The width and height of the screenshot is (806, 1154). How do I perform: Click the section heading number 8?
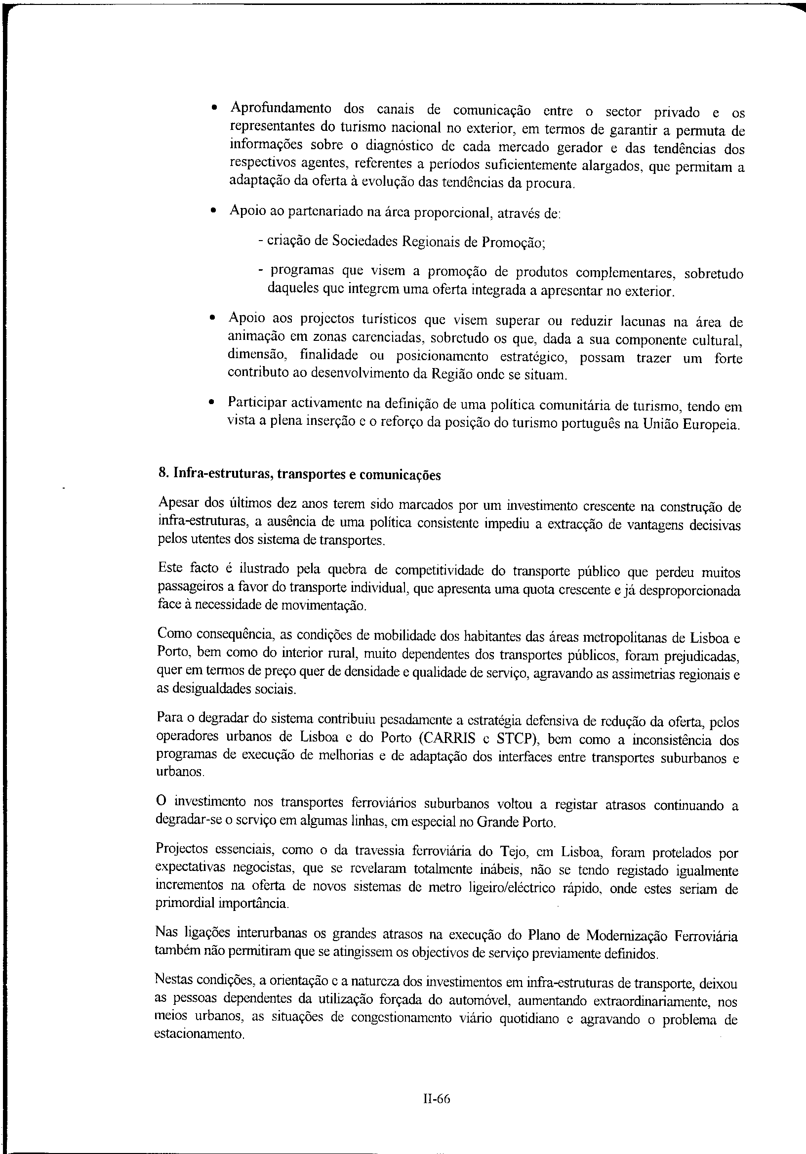pos(162,474)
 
